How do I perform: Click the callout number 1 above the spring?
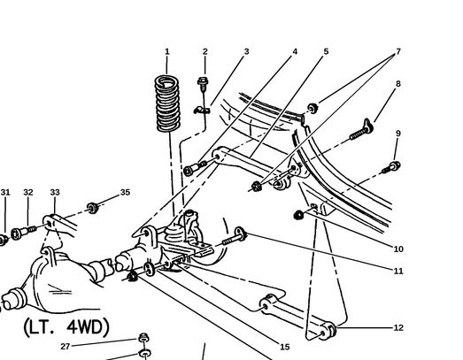coord(166,51)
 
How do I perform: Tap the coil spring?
coord(167,103)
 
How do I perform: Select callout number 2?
coord(204,51)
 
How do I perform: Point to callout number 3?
coord(247,51)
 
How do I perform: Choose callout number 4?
coord(295,51)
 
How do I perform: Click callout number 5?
coord(326,51)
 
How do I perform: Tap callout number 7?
coord(398,51)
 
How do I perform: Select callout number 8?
coord(398,84)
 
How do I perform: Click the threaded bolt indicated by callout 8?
coord(361,130)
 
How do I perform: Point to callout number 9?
coord(398,134)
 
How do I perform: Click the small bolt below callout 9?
coord(391,167)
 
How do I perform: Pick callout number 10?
coord(398,249)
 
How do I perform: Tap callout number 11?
coord(398,271)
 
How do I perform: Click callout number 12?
coord(398,328)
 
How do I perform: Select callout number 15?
coord(285,347)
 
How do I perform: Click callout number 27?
coord(65,347)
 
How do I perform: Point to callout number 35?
coord(125,193)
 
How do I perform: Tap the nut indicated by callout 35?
coord(93,208)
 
